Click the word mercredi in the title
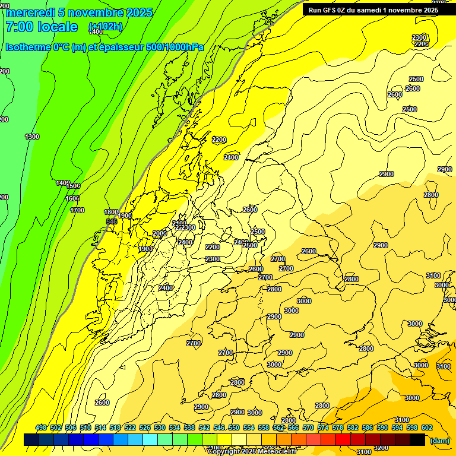coord(30,12)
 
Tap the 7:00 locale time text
coord(42,27)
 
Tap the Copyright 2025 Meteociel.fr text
coord(252,452)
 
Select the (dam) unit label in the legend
coord(439,440)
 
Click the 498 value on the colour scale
coord(41,427)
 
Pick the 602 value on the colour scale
coord(426,427)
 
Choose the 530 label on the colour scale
coord(160,427)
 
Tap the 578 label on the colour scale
coord(338,427)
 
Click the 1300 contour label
coord(32,137)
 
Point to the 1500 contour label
coord(73,186)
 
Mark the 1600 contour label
coord(72,199)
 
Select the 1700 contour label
coord(77,210)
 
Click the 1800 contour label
coord(111,212)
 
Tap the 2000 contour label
coord(160,233)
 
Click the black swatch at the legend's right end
coord(417,439)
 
